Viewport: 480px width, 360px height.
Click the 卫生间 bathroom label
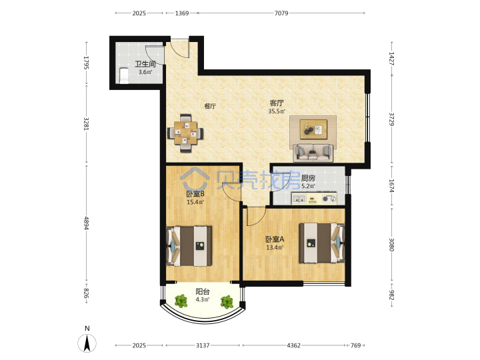point(145,64)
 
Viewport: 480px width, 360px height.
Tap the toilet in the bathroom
point(123,75)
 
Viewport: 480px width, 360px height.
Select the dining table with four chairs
point(185,133)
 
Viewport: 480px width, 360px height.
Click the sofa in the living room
point(313,153)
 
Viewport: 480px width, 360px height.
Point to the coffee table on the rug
point(313,129)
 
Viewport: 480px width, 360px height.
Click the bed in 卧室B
point(189,246)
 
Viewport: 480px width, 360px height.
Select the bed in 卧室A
point(322,243)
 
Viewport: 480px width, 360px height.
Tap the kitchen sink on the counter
point(299,199)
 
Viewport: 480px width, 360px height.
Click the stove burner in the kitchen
point(329,199)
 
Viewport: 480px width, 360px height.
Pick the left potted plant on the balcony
point(181,301)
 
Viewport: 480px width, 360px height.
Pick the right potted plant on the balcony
point(227,301)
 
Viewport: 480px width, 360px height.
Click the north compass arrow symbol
point(87,343)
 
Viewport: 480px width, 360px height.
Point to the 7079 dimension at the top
point(281,13)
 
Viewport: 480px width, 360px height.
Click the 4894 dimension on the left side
point(87,223)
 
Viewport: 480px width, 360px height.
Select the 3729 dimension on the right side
point(391,119)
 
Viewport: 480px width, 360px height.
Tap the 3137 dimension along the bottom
point(203,345)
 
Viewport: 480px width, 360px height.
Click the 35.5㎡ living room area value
point(277,111)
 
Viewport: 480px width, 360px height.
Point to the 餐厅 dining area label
point(210,106)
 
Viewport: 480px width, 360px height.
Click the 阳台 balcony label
point(203,292)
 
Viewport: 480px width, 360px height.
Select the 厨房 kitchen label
point(308,178)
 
